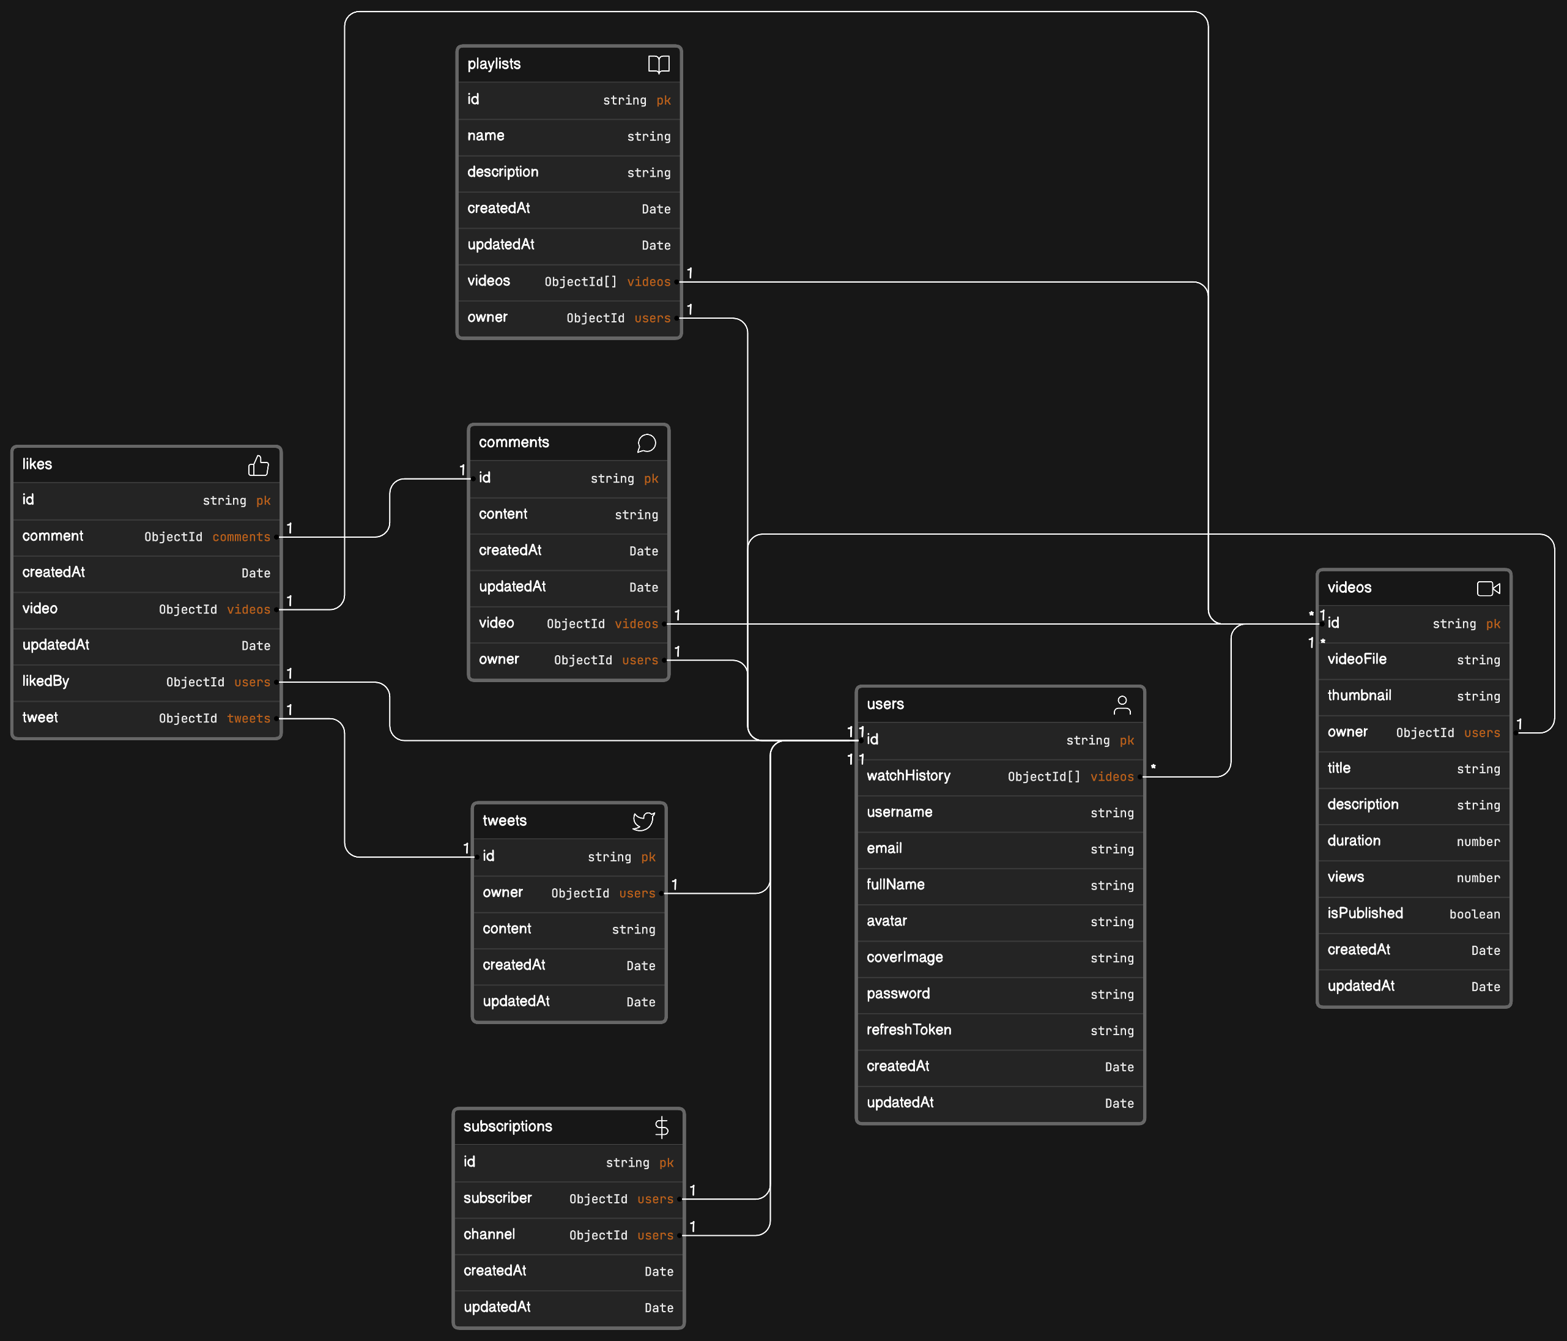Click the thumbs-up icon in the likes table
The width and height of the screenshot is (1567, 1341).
click(259, 465)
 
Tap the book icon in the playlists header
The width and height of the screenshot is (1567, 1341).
click(659, 64)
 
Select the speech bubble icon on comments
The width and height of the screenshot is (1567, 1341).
click(646, 443)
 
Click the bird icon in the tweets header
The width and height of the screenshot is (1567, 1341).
click(643, 822)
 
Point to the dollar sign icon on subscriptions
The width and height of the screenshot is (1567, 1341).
click(662, 1127)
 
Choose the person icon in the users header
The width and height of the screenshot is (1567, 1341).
click(1122, 705)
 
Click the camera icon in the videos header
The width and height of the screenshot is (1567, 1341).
click(1488, 589)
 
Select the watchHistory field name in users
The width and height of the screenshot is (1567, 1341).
click(908, 776)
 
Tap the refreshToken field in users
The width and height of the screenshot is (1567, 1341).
click(909, 1030)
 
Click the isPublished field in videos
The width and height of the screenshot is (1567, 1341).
click(1365, 913)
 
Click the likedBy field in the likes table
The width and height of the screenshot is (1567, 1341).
click(45, 682)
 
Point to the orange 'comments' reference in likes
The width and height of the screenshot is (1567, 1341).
click(241, 537)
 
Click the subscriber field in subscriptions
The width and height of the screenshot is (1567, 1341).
click(498, 1198)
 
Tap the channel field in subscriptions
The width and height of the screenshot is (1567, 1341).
click(489, 1235)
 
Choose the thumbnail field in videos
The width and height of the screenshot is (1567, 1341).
click(1359, 696)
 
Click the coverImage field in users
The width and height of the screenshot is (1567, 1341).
click(905, 957)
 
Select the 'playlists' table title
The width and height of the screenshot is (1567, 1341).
click(494, 64)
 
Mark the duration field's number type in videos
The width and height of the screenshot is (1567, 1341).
click(1478, 842)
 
